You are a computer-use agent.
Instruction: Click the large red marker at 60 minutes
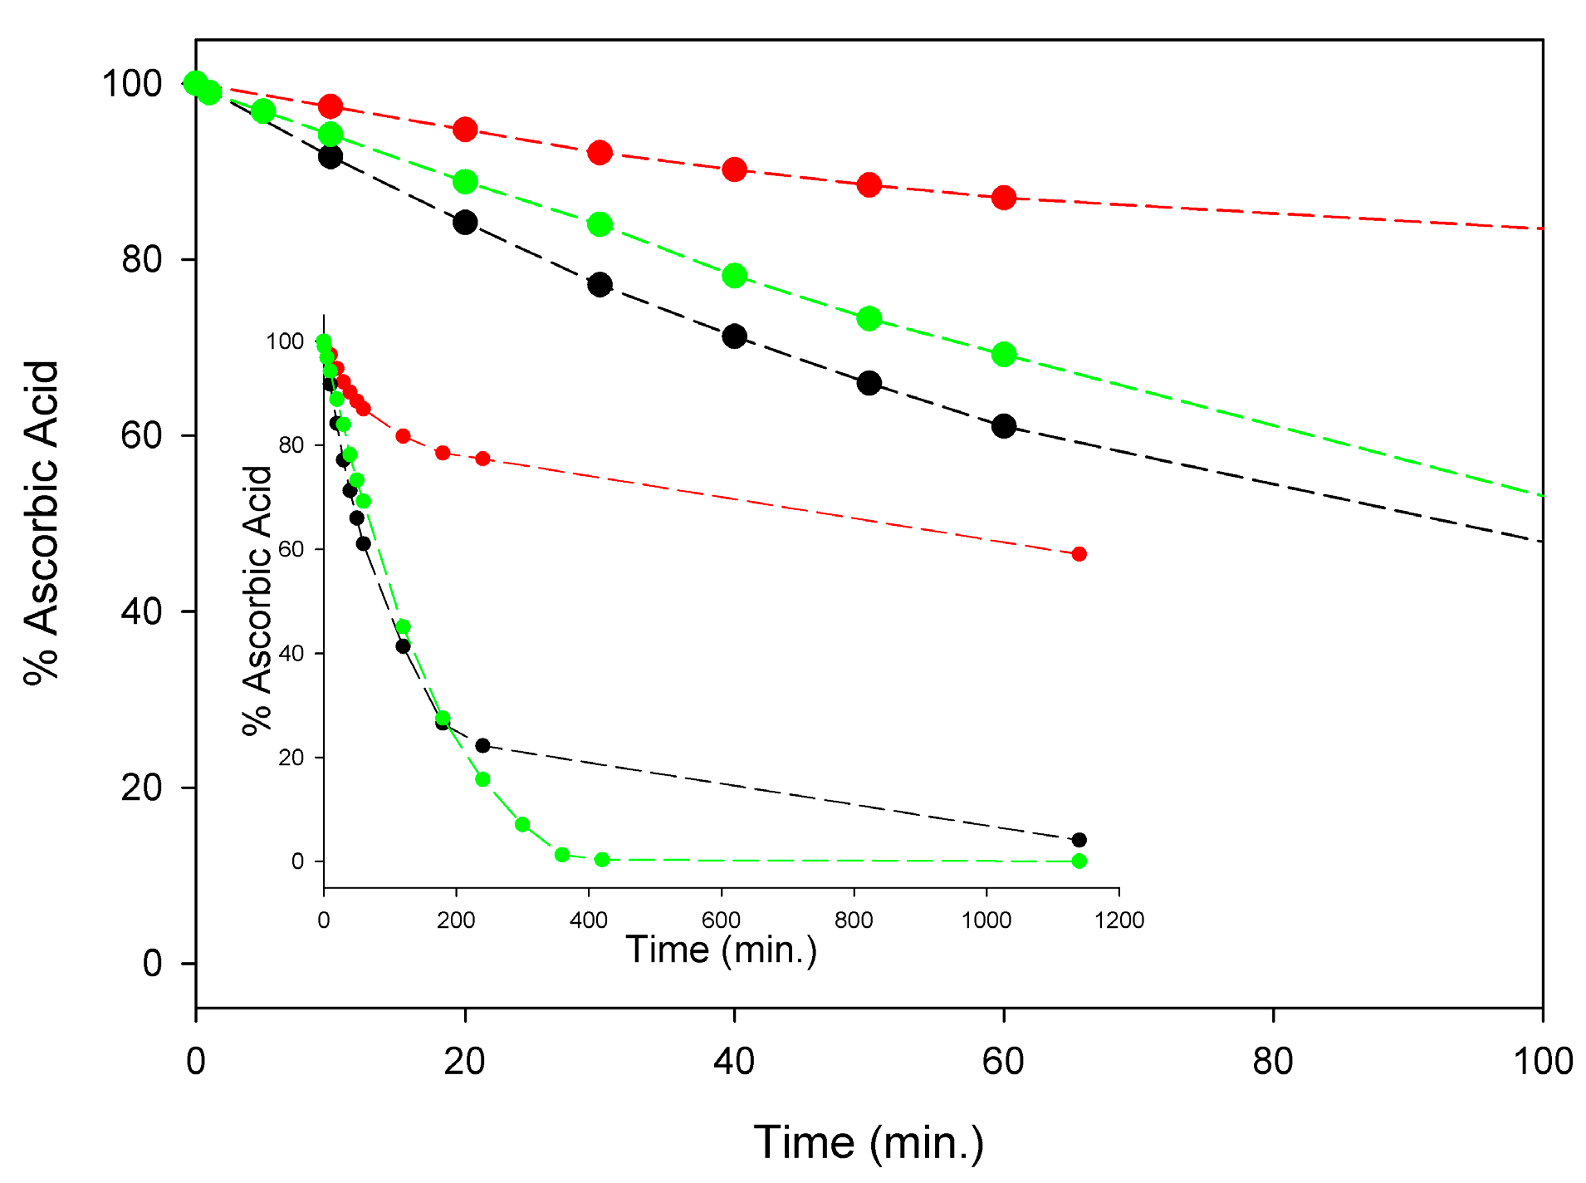(x=1003, y=198)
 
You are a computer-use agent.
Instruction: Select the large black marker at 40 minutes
(x=734, y=336)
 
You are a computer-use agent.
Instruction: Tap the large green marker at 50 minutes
(x=869, y=318)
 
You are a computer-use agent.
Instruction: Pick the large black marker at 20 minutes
(x=465, y=223)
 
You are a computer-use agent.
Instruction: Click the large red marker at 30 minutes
(x=600, y=153)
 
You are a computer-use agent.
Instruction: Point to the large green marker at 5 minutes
(x=263, y=111)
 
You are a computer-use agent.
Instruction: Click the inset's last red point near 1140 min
(x=1079, y=554)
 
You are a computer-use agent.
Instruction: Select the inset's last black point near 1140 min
(x=1079, y=840)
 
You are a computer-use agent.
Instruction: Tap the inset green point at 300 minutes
(x=522, y=824)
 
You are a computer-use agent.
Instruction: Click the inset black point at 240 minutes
(x=482, y=745)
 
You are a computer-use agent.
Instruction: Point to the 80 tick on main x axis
(x=1273, y=1015)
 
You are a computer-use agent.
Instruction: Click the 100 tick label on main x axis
(x=1542, y=1063)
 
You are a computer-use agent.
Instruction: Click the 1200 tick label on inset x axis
(x=1119, y=920)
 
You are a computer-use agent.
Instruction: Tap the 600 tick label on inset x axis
(x=721, y=920)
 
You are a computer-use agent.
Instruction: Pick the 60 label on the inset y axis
(x=291, y=549)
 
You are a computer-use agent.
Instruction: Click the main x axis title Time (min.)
(x=869, y=1142)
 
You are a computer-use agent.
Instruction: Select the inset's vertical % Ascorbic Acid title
(x=257, y=600)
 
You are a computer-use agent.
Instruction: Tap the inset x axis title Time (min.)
(x=721, y=950)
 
